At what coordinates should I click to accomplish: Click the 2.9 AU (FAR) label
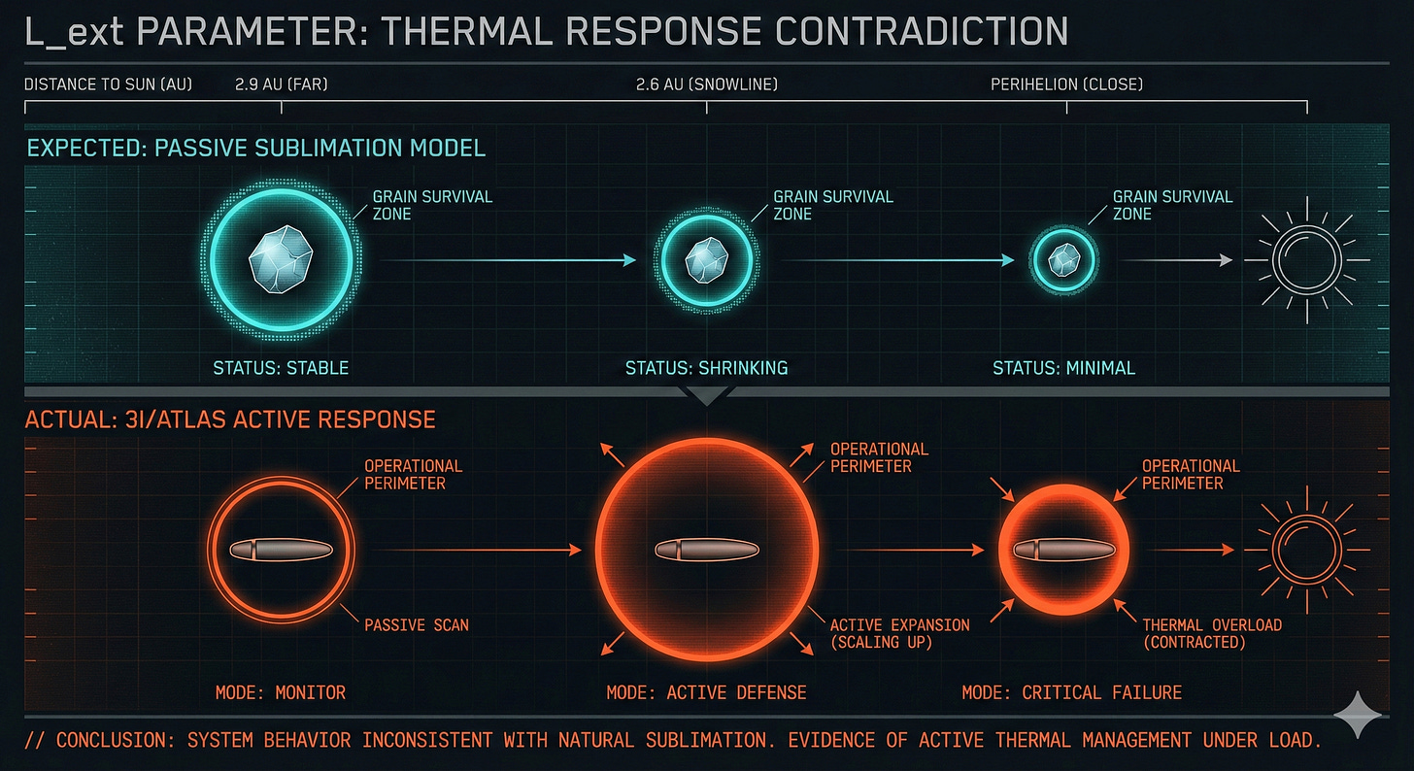(x=281, y=84)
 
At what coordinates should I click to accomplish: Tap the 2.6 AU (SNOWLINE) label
(x=706, y=84)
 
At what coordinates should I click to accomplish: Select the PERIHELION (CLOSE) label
(x=1066, y=84)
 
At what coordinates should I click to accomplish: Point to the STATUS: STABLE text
(x=281, y=369)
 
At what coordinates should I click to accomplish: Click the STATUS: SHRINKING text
(x=706, y=369)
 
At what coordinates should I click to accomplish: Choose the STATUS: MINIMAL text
(x=1063, y=369)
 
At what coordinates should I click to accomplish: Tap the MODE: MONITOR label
(x=281, y=692)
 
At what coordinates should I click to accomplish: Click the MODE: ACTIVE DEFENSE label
(x=706, y=692)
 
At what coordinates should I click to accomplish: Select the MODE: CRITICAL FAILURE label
(x=1071, y=692)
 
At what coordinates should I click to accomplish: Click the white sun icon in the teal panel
(x=1306, y=260)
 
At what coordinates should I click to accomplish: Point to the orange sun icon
(x=1305, y=550)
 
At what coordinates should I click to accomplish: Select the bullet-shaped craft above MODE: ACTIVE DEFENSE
(x=706, y=551)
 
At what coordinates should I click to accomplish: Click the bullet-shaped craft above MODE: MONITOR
(x=281, y=550)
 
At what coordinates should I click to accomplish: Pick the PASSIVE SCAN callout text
(x=416, y=625)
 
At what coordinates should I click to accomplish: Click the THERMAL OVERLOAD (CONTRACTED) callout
(x=1212, y=633)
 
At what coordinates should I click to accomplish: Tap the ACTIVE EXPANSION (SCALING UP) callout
(x=899, y=633)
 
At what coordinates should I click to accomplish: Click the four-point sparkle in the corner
(x=1357, y=716)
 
